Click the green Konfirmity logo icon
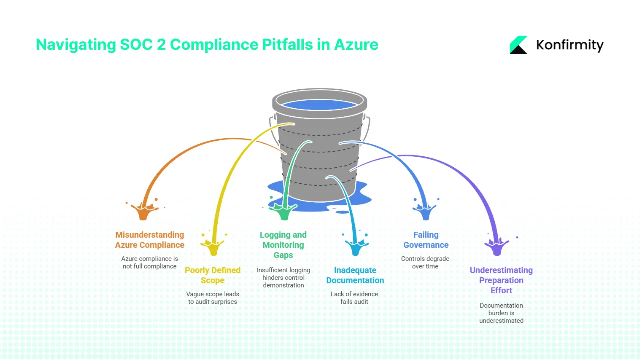coord(518,45)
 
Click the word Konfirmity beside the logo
coord(569,45)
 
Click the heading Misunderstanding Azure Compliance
coord(150,240)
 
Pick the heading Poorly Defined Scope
coord(212,275)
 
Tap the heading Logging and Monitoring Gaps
coord(283,245)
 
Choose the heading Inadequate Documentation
coord(355,275)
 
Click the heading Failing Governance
coord(426,240)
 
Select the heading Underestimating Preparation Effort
coord(501,280)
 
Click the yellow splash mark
coord(213,247)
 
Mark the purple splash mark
coord(497,246)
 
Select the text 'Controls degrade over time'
coord(425,262)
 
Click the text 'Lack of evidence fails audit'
coord(354,298)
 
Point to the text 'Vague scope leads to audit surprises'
coord(212,298)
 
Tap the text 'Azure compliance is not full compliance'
coord(150,262)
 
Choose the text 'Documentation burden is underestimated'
coord(501,313)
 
